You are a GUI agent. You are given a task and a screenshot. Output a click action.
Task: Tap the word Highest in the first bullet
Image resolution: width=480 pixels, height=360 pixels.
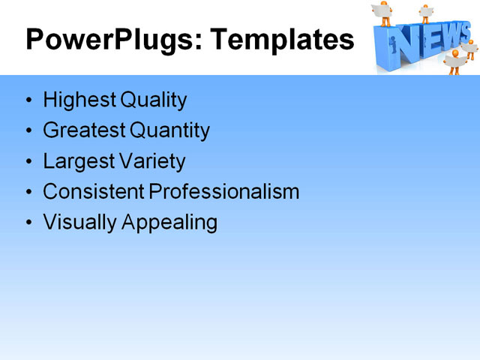coord(75,100)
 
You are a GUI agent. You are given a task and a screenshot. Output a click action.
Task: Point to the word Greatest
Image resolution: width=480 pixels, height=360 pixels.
coord(84,130)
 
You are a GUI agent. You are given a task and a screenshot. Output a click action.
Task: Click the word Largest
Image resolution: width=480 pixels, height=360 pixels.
coord(74,161)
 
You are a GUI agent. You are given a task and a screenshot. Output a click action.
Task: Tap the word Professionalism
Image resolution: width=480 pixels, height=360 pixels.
coord(224,192)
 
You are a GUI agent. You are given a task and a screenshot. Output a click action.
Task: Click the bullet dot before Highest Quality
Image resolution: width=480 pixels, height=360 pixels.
coord(28,100)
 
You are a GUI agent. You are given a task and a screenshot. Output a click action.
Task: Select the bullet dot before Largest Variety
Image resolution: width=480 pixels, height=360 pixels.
coord(28,162)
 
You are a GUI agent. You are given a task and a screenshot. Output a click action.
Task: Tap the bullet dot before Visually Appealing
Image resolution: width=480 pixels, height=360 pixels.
coord(28,223)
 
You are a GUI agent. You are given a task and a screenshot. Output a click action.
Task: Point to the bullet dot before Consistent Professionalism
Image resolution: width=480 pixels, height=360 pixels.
coord(28,193)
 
